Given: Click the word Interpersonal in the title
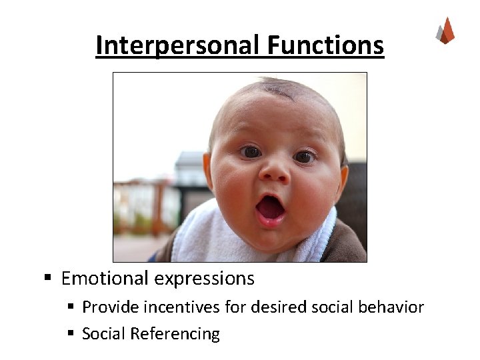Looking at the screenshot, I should click(179, 45).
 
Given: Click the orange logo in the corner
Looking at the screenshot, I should click(445, 31).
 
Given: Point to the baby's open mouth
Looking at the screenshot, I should click(270, 207).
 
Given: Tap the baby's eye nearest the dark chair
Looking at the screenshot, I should click(303, 157).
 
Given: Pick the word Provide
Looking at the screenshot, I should click(106, 307).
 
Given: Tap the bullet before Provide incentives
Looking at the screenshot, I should click(71, 307).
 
